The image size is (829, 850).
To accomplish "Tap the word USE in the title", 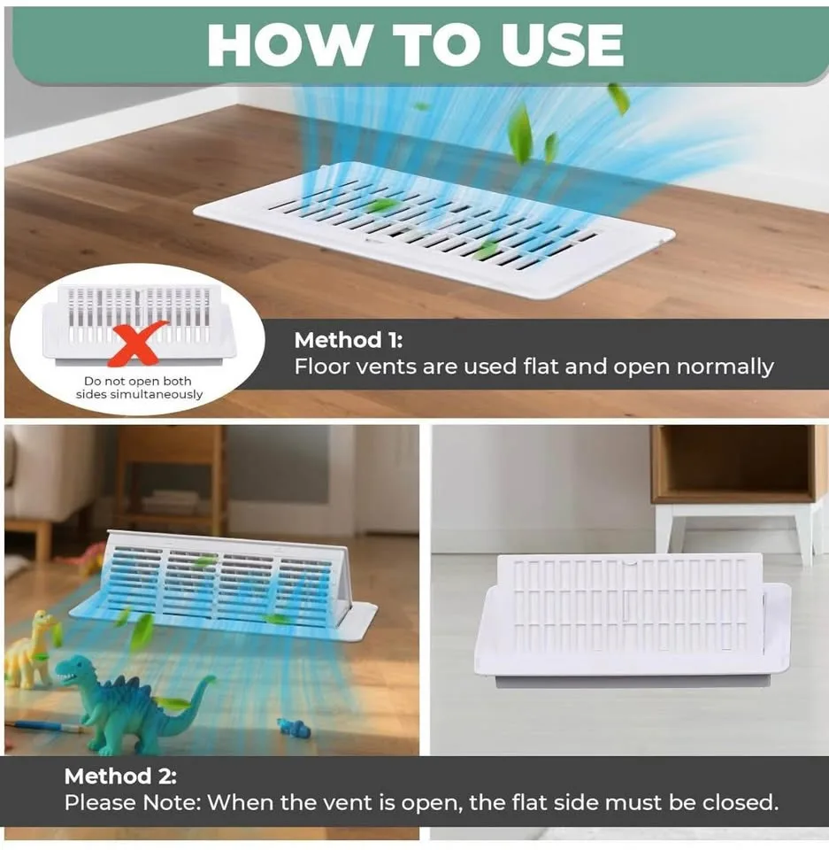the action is [x=563, y=45].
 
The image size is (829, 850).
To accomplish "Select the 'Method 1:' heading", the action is [x=349, y=340].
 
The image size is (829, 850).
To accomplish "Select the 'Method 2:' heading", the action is [x=120, y=777].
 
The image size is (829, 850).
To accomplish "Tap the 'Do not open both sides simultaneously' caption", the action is [x=139, y=388].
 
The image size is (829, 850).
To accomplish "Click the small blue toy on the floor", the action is [x=294, y=727].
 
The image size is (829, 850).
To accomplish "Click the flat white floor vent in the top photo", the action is [x=434, y=228].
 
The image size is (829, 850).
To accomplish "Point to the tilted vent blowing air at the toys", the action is [x=223, y=586].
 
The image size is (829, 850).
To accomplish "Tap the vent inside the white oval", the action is [x=139, y=324].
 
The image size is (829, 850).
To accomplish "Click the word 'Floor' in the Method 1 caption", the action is [x=324, y=367].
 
